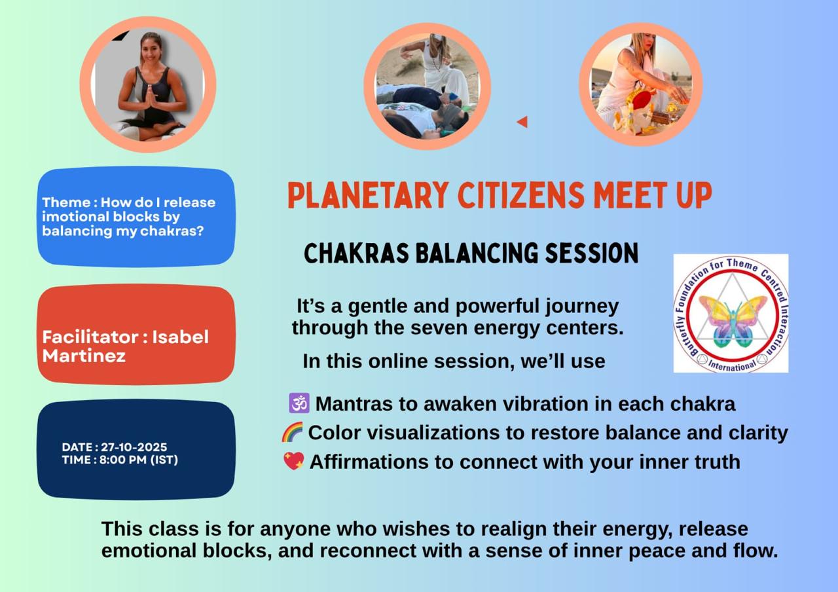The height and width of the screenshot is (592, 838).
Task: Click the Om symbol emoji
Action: tap(299, 403)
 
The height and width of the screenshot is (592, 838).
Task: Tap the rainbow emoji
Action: tap(292, 432)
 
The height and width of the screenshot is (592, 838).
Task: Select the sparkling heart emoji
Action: tap(294, 461)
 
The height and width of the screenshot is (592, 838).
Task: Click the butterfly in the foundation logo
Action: tap(733, 321)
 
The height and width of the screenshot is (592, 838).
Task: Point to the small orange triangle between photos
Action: tap(522, 122)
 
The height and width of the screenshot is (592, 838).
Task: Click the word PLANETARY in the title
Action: tap(368, 195)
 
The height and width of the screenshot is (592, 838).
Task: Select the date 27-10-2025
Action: tap(134, 447)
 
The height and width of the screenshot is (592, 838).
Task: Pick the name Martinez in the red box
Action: tap(84, 356)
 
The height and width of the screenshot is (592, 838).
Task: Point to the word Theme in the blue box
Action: tap(66, 202)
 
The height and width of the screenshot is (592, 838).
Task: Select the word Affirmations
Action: tap(369, 462)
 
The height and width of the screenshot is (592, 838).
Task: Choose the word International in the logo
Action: tap(732, 365)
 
